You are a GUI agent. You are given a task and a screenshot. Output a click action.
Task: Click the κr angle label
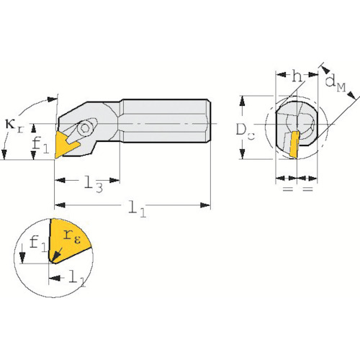click(x=14, y=126)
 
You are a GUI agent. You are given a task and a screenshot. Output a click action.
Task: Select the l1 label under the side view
click(x=137, y=208)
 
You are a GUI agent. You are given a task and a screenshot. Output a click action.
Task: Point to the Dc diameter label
click(x=246, y=131)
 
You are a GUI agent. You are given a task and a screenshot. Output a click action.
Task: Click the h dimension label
click(x=297, y=77)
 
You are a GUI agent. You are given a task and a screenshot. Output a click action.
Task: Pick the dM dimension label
click(x=336, y=84)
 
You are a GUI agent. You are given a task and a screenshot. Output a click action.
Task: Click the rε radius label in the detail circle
click(x=72, y=236)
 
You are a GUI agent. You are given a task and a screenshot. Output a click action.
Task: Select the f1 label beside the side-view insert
click(x=40, y=145)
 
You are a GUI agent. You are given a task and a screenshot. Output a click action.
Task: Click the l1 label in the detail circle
click(x=77, y=279)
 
